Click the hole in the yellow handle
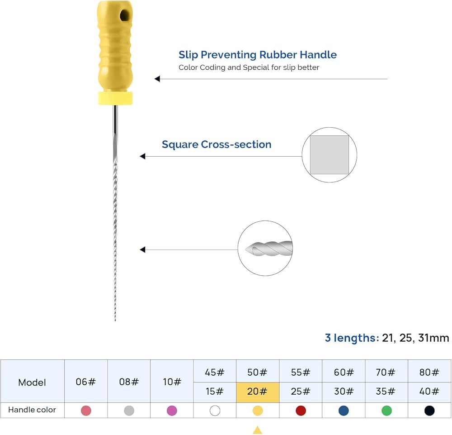[x=125, y=15]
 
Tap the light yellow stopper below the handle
[x=115, y=98]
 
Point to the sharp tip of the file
[x=115, y=320]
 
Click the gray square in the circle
[x=329, y=155]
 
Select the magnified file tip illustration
[x=269, y=248]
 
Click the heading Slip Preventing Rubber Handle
[x=258, y=55]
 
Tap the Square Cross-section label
[x=217, y=144]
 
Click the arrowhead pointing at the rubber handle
[x=157, y=78]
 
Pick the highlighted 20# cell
[x=258, y=392]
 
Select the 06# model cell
[x=85, y=382]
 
